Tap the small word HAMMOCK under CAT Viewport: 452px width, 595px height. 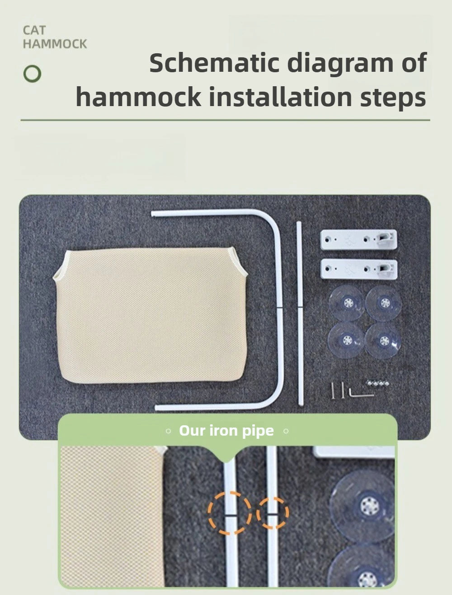55,44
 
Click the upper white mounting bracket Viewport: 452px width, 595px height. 359,239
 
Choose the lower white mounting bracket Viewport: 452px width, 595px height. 359,269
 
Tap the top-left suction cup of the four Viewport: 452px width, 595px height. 347,303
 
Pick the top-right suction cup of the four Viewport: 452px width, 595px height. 384,303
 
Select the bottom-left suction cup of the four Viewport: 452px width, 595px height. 346,340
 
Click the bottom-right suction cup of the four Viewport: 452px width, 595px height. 383,340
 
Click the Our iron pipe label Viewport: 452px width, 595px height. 226,430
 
